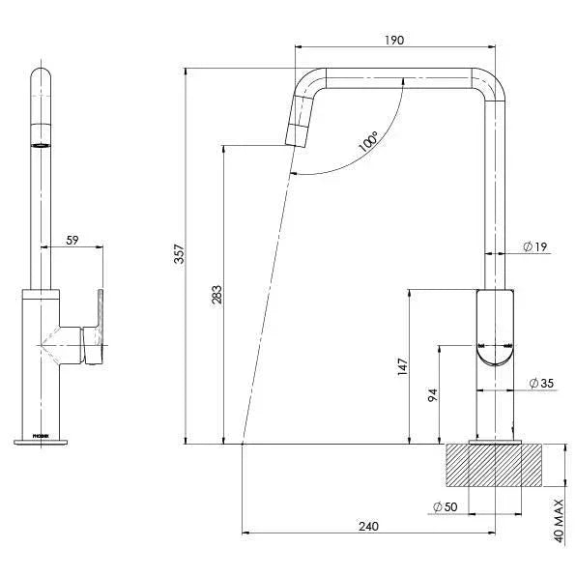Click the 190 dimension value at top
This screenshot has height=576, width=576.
pos(393,40)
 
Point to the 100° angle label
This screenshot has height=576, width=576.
pos(368,144)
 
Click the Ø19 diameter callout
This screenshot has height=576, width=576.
pos(535,247)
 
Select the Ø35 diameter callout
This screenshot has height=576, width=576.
pos(541,384)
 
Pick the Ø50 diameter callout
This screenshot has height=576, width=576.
pos(445,505)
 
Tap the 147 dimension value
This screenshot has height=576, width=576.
pos(402,366)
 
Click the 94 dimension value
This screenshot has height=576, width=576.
pos(433,394)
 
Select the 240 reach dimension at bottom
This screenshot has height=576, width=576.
pos(368,526)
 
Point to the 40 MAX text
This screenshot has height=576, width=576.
pos(560,521)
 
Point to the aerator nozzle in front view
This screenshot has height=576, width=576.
pos(41,145)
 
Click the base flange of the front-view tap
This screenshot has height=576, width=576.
pos(41,442)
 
